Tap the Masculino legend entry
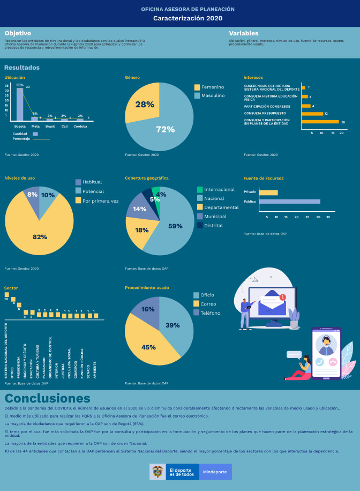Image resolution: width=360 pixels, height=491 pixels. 212,95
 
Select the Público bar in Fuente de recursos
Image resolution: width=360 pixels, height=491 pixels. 289,202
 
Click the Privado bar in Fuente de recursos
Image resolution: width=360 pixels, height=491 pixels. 268,192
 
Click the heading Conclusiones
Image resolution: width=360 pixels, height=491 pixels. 48,398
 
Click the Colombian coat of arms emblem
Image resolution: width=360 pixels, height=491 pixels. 158,472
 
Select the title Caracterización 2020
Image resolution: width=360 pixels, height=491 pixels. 180,18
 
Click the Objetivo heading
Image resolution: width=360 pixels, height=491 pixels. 18,33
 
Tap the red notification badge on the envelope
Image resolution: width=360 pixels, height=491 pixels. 283,297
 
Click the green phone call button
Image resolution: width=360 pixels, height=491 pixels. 320,362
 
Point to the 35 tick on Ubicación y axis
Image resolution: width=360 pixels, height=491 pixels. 7,85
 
